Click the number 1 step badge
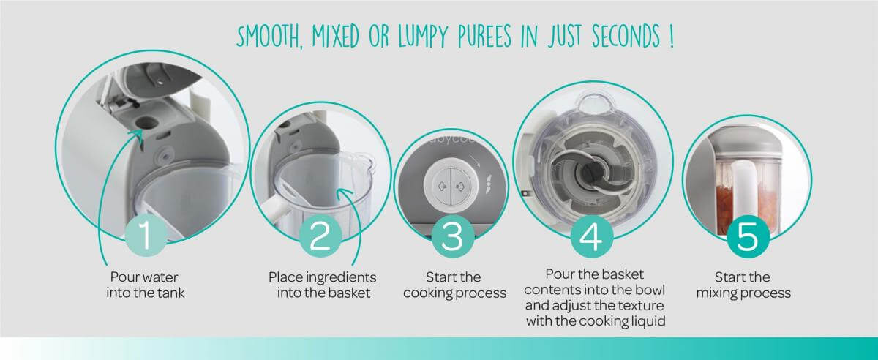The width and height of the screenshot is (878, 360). (146, 236)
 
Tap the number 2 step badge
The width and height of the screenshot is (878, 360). (320, 236)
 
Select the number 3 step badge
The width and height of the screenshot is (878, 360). (453, 236)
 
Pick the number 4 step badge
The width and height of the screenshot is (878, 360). (591, 236)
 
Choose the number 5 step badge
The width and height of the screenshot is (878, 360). (748, 236)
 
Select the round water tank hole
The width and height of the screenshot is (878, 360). (145, 122)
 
